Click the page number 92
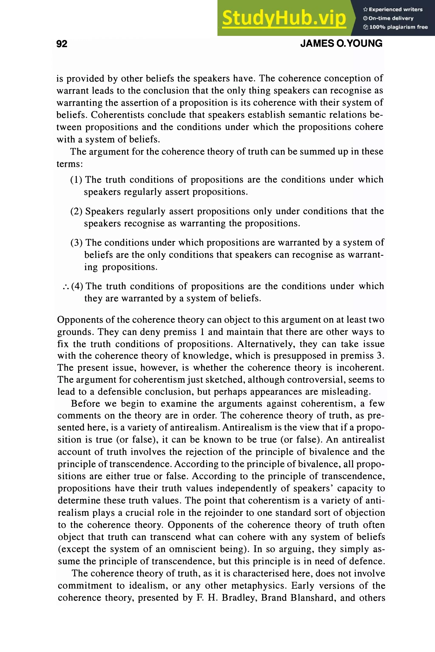[x=62, y=44]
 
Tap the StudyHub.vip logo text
[x=284, y=18]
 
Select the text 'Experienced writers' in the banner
[x=395, y=9]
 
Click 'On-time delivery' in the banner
[x=391, y=18]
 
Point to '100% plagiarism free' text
[x=398, y=27]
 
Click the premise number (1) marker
[x=76, y=180]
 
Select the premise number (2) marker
[x=76, y=211]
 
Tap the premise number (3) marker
[x=76, y=243]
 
